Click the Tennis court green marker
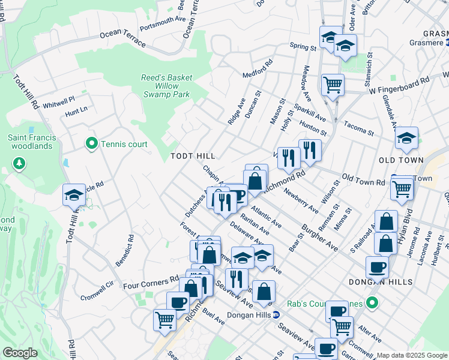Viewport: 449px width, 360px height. tap(92, 144)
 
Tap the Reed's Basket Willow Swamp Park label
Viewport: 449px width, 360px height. tap(167, 86)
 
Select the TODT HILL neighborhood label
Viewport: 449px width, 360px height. tap(192, 156)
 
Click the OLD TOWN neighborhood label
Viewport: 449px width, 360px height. tap(401, 160)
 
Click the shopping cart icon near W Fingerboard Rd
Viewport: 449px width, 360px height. tap(332, 84)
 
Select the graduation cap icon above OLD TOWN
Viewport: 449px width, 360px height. tap(406, 139)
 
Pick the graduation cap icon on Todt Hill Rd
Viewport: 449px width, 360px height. tap(74, 196)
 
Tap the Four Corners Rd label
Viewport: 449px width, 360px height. tap(150, 278)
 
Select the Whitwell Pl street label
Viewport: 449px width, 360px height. tap(59, 102)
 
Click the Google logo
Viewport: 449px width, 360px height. tap(20, 353)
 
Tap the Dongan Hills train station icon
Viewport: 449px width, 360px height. tap(276, 314)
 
